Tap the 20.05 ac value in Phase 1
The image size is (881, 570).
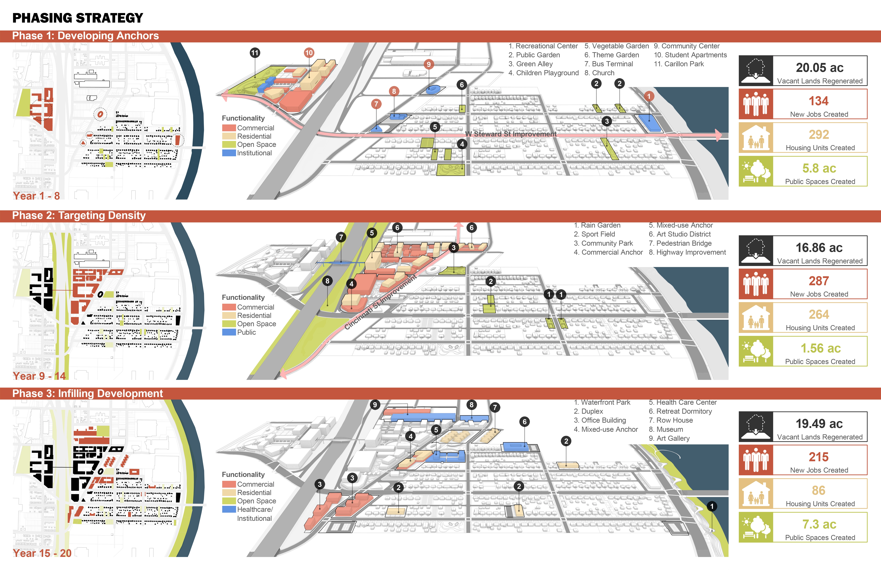[819, 68]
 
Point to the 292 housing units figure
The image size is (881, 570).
[819, 134]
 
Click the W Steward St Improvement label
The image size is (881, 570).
[511, 134]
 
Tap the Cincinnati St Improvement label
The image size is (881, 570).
[381, 302]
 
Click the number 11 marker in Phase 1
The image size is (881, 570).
[255, 53]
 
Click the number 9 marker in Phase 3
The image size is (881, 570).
[375, 405]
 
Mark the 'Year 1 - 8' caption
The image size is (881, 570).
[36, 196]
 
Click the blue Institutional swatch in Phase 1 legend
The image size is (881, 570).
[229, 153]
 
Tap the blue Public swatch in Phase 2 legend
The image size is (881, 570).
[229, 332]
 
